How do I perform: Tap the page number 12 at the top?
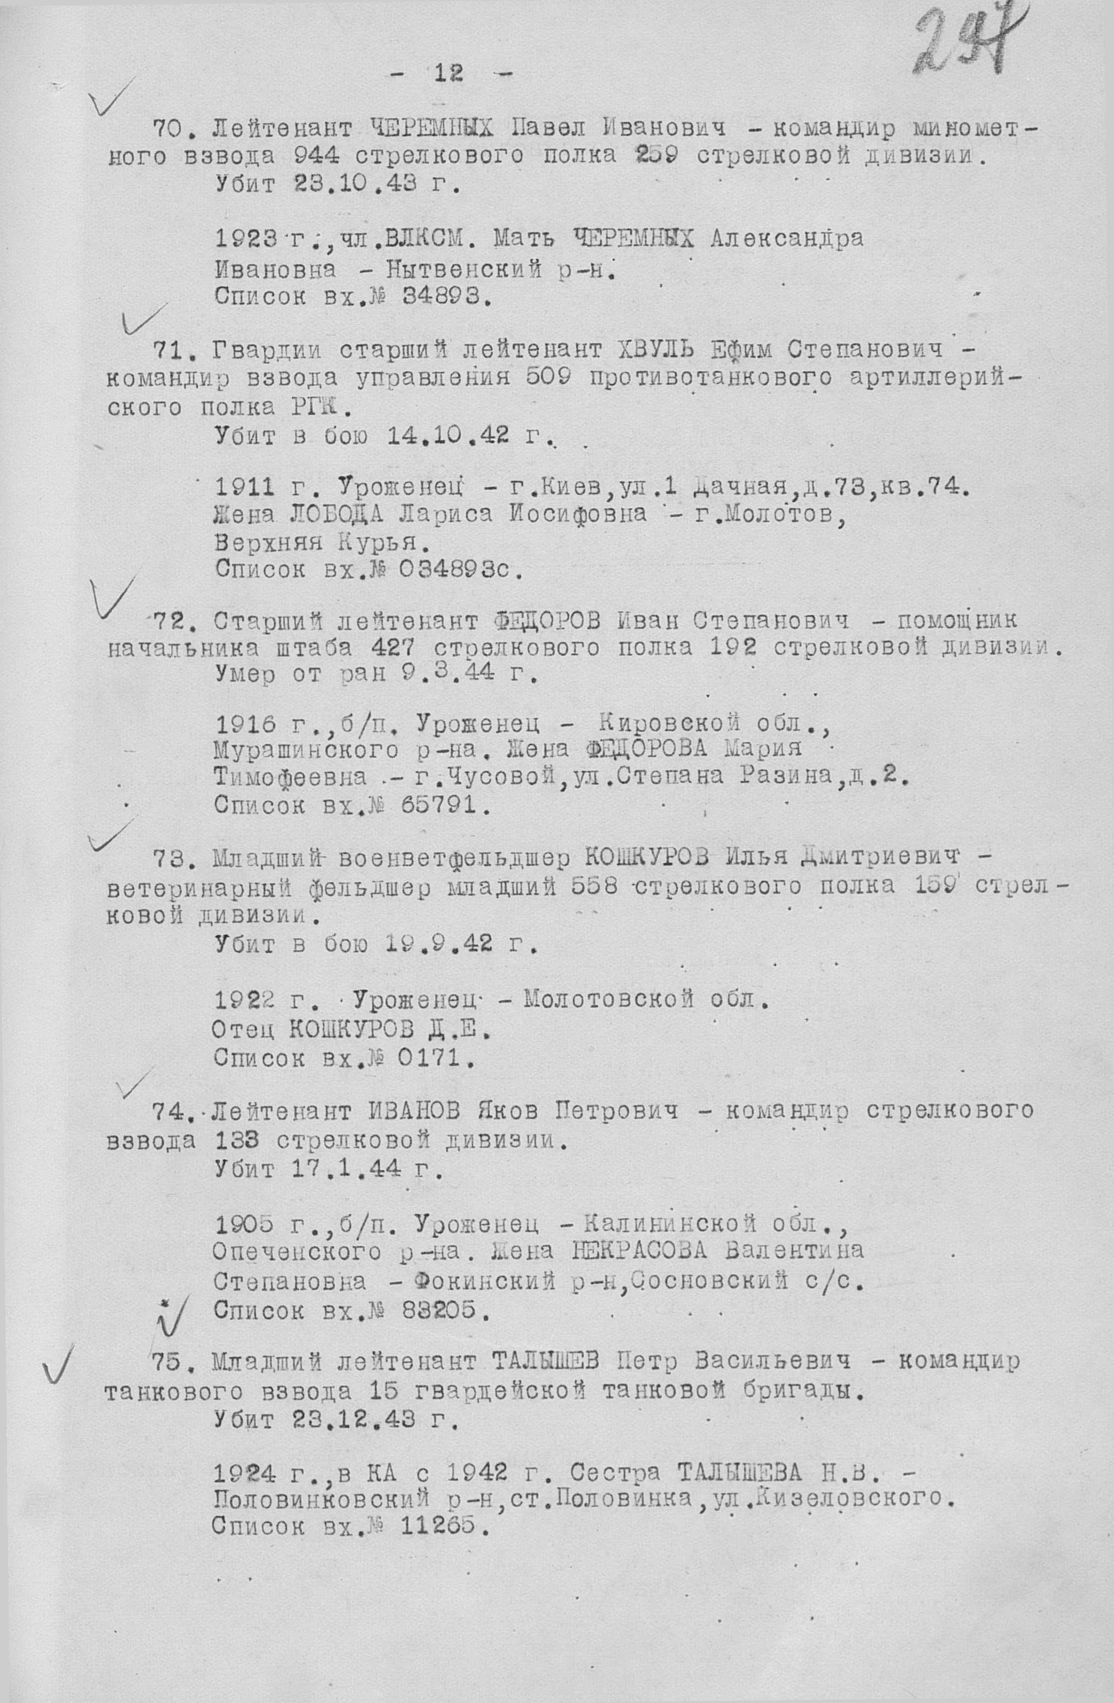click(x=448, y=73)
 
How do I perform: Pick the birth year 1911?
click(x=245, y=487)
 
